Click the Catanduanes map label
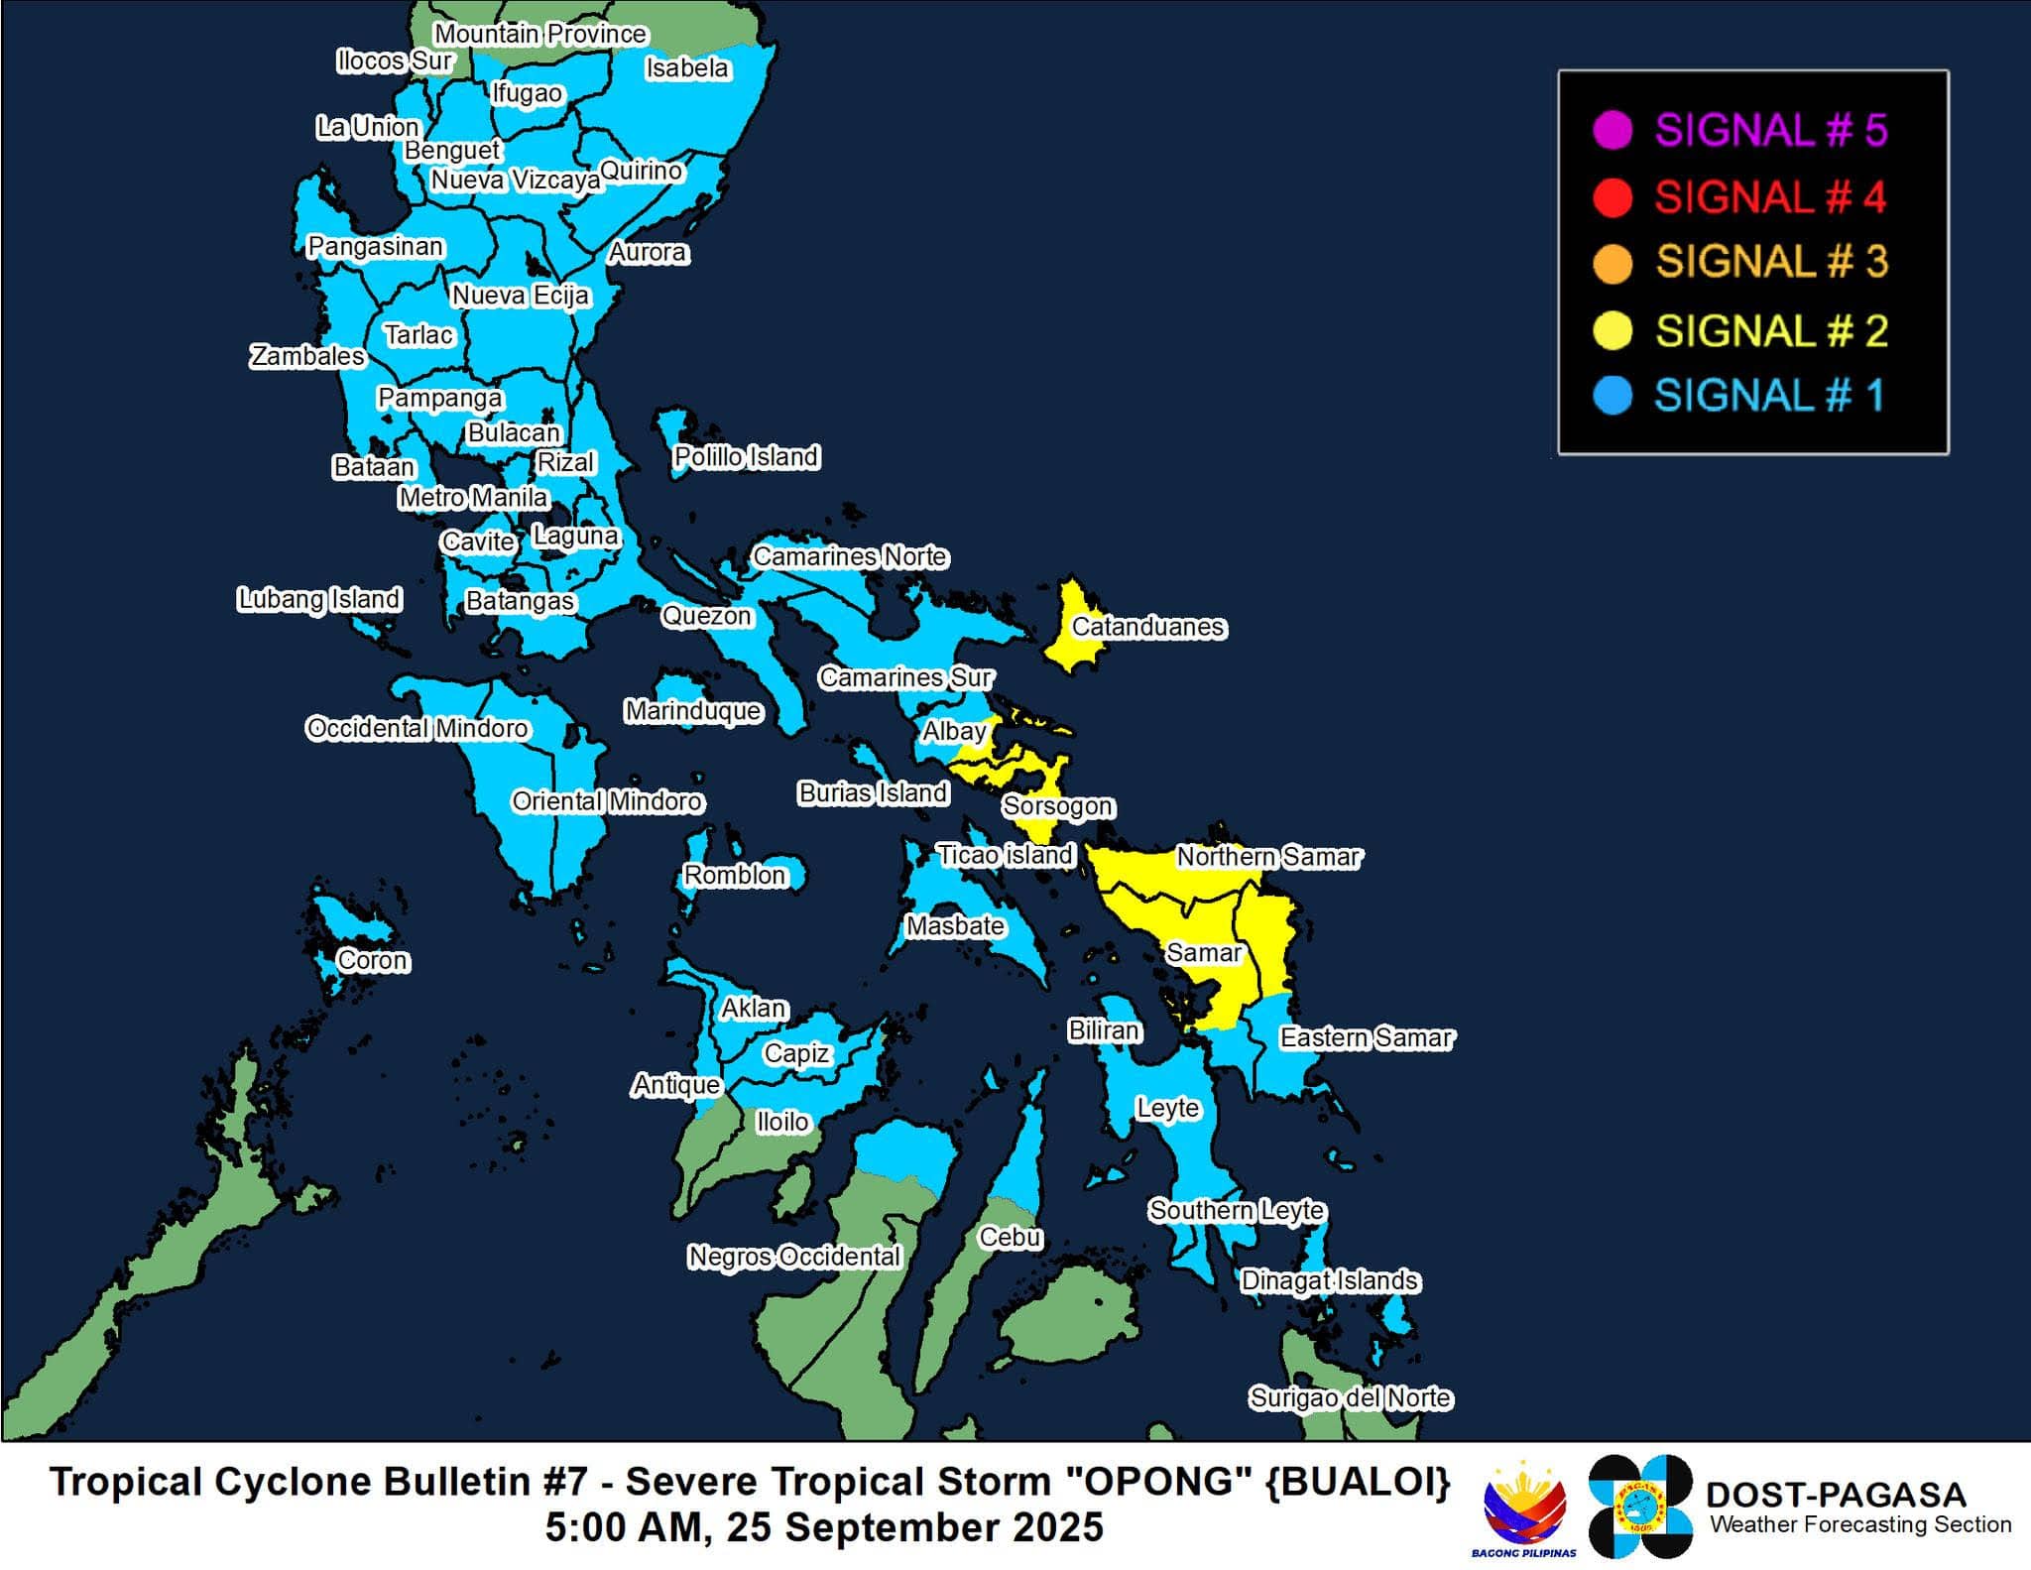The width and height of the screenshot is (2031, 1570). tap(1148, 627)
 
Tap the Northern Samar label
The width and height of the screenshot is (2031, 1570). tap(1268, 856)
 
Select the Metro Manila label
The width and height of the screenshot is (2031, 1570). tap(473, 497)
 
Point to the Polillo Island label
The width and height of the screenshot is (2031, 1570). tap(746, 457)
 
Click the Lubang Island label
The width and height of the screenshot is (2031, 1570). tap(319, 599)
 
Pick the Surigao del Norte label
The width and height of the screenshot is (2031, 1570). tap(1350, 1397)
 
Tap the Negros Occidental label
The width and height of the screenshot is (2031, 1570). tap(794, 1257)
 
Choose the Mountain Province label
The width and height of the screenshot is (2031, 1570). tap(540, 34)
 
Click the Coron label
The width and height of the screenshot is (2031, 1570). tap(372, 960)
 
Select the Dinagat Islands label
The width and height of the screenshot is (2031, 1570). tap(1330, 1280)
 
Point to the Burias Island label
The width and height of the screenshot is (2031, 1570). tap(874, 793)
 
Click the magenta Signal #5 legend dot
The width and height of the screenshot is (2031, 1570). tap(1613, 131)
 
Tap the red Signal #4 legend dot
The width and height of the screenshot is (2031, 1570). tap(1613, 197)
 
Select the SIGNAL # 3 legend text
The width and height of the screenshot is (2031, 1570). tap(1771, 263)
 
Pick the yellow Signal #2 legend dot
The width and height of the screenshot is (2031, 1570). tap(1613, 330)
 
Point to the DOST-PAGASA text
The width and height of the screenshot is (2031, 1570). tap(1835, 1495)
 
